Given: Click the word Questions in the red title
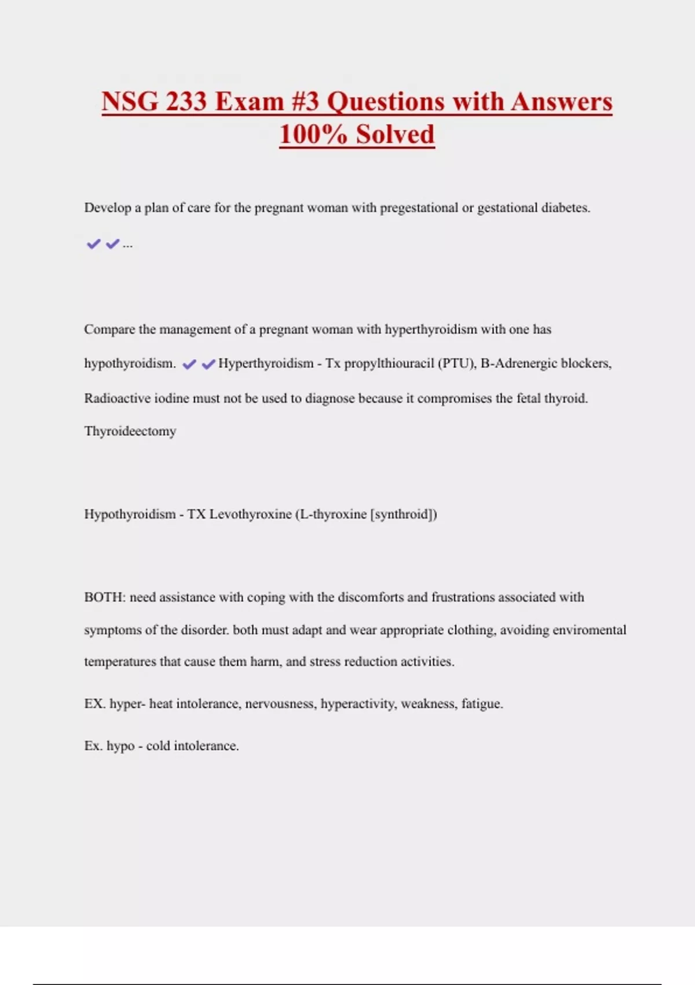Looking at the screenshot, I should (386, 101).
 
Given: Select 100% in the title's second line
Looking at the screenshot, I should (313, 134).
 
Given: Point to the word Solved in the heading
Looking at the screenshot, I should (395, 134).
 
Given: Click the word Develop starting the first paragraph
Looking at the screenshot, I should (107, 207).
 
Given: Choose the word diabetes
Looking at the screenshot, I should (565, 207).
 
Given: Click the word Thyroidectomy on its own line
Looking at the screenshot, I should (130, 431).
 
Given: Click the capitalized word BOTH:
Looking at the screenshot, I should (104, 597).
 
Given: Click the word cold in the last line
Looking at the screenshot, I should (158, 746).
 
